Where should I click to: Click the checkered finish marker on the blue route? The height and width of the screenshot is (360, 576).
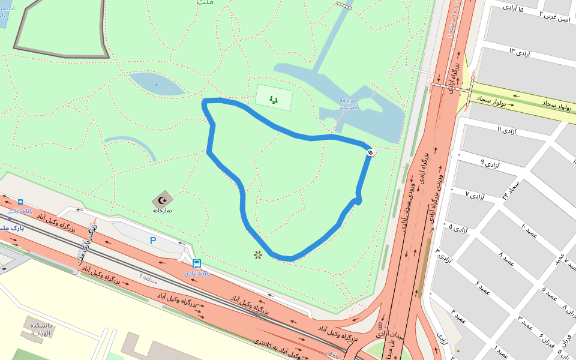pyautogui.click(x=370, y=152)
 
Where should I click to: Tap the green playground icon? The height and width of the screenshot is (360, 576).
pyautogui.click(x=274, y=100)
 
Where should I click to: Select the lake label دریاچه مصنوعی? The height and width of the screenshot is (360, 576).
pyautogui.click(x=349, y=104)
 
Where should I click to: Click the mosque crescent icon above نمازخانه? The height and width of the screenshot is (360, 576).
pyautogui.click(x=162, y=200)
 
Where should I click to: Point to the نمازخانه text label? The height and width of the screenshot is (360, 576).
pyautogui.click(x=162, y=211)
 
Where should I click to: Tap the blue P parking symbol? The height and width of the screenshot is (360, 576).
pyautogui.click(x=153, y=241)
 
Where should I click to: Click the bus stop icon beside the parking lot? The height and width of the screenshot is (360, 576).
pyautogui.click(x=197, y=263)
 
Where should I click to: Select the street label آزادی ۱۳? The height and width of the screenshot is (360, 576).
pyautogui.click(x=520, y=53)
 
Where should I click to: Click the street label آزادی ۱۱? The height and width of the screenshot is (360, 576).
pyautogui.click(x=508, y=129)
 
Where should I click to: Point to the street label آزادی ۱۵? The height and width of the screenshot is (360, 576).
pyautogui.click(x=512, y=9)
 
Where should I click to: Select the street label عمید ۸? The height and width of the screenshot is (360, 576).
pyautogui.click(x=506, y=259)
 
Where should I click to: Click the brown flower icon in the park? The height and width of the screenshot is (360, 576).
pyautogui.click(x=258, y=255)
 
